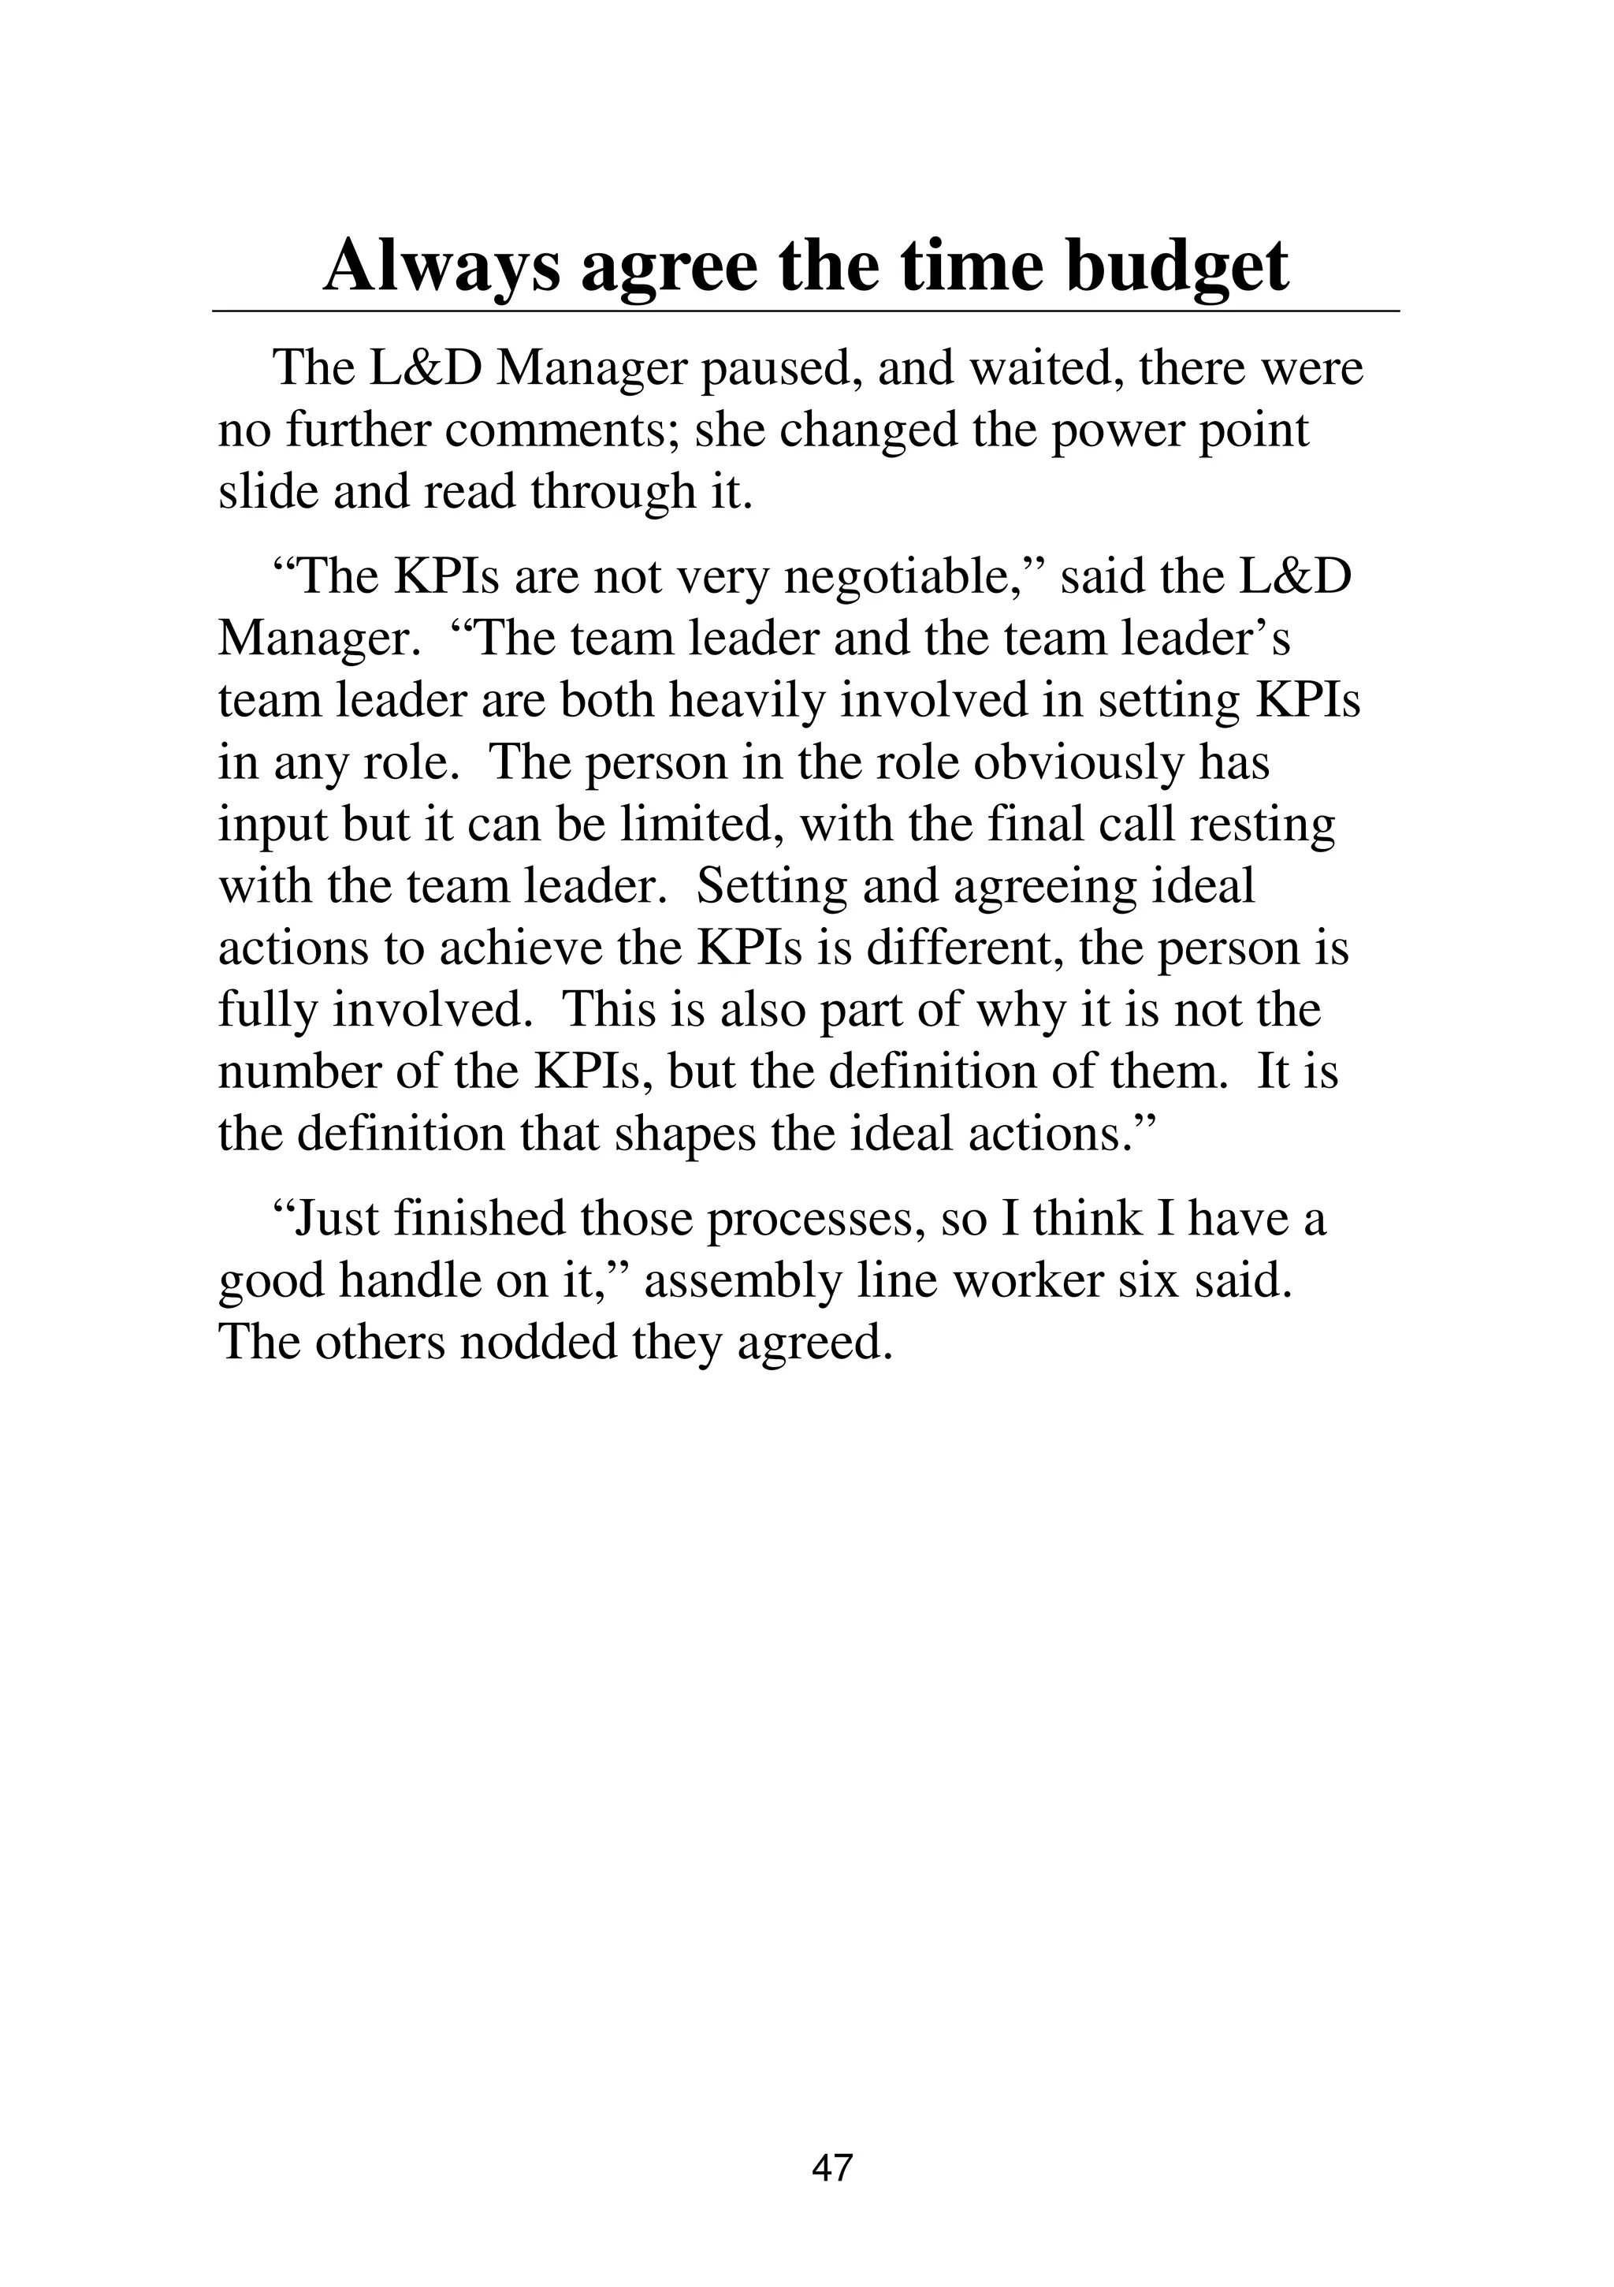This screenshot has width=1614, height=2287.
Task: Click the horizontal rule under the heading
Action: tap(805, 311)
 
